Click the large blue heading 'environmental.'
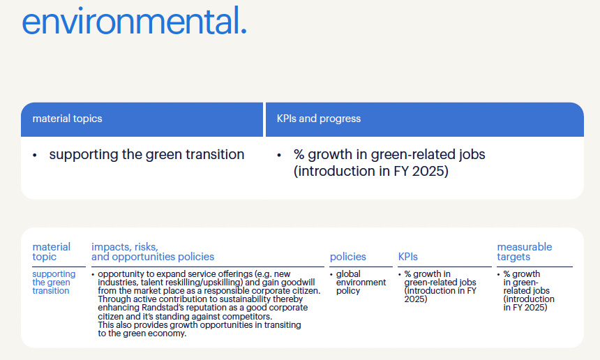click(135, 21)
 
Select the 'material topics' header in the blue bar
click(68, 119)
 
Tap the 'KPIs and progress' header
click(319, 119)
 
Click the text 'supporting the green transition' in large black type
click(147, 155)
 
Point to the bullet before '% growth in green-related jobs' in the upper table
click(279, 156)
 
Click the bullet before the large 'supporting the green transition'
click(35, 156)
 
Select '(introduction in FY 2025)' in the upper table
click(370, 171)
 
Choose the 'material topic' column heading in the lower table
click(51, 252)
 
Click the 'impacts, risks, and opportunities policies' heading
click(153, 252)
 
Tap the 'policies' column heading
click(348, 257)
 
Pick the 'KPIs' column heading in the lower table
click(408, 257)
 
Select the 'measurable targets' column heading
click(524, 252)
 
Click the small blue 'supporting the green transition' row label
click(54, 283)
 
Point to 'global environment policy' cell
click(361, 283)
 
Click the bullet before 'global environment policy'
click(331, 274)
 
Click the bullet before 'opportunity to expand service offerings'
click(93, 274)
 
